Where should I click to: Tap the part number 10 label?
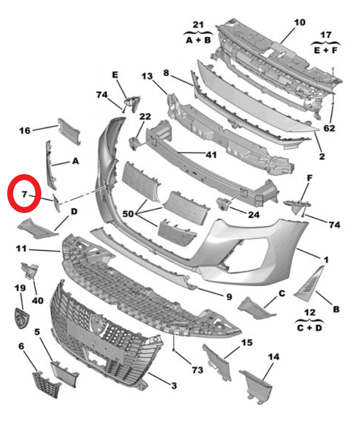tap(299, 23)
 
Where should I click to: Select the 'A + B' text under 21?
tap(198, 40)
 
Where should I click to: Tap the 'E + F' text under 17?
tap(326, 51)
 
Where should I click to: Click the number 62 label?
tap(330, 128)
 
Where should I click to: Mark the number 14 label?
tap(273, 357)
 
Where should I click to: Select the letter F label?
tap(309, 178)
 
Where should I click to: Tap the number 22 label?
tap(145, 116)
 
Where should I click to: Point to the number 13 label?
tap(147, 76)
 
